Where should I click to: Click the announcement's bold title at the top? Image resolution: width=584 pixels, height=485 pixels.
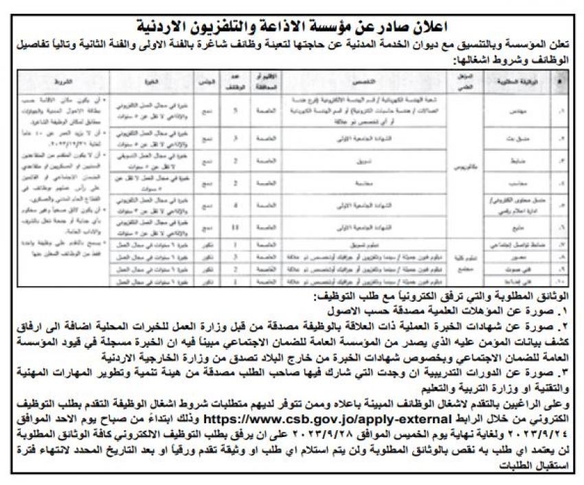(292, 27)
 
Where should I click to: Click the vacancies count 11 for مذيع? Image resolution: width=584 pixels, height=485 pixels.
(236, 227)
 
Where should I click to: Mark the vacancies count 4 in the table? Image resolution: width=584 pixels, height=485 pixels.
(236, 204)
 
